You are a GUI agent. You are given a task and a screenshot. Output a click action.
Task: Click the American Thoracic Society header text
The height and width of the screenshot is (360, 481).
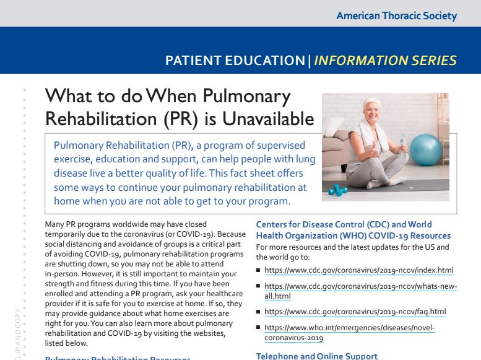396,15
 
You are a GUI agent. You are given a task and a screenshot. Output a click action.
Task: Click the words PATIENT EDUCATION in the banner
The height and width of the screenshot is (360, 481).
235,61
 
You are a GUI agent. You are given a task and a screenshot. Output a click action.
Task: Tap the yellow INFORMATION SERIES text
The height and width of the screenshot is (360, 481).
385,61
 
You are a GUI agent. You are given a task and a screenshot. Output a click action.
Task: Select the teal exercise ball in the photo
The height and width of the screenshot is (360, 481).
427,149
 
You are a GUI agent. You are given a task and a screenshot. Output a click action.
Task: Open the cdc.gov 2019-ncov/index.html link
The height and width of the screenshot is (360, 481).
358,270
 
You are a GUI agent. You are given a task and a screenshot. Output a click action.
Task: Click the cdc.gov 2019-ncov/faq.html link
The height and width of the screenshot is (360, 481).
355,312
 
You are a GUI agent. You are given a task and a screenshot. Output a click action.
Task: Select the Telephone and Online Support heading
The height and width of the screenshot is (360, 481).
316,356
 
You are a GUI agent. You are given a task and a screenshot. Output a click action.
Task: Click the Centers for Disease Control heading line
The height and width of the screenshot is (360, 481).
344,224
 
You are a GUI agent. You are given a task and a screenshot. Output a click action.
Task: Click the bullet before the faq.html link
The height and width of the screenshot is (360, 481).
258,312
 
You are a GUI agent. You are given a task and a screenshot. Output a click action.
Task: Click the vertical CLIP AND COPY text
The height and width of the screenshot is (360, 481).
17,335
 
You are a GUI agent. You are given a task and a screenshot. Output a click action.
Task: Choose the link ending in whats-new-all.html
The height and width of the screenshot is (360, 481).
360,291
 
